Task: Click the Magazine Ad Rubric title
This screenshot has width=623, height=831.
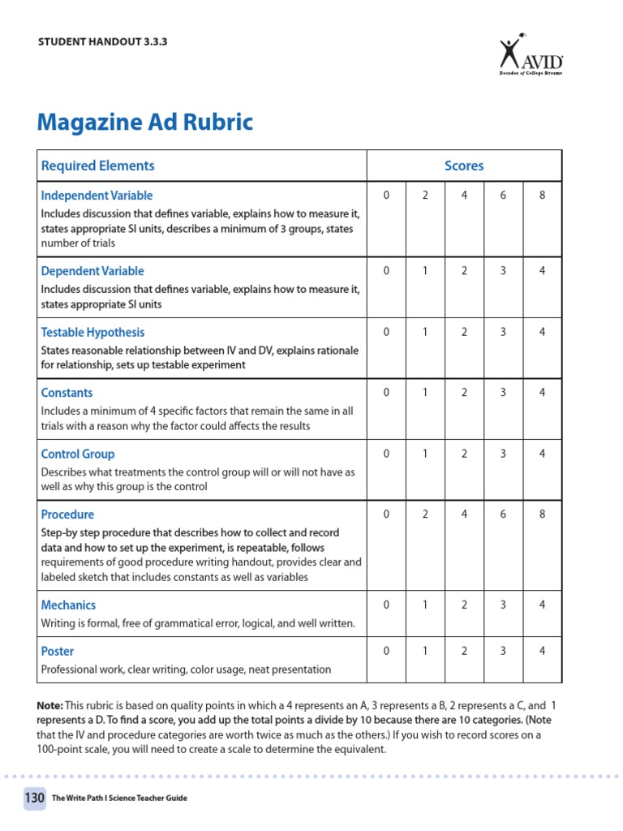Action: tap(145, 123)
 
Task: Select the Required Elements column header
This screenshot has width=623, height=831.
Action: tap(97, 166)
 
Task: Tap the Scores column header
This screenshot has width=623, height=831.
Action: tap(464, 166)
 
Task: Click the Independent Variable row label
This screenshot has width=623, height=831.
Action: tap(97, 196)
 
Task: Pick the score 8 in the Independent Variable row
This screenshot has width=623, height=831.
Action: tap(542, 196)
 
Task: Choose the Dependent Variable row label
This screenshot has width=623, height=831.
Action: tap(92, 271)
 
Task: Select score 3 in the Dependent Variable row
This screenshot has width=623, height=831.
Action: tap(503, 271)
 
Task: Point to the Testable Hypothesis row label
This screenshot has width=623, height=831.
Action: tap(92, 332)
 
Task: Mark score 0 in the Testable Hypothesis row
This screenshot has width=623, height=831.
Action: tap(386, 332)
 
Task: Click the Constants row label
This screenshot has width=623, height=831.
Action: tap(67, 393)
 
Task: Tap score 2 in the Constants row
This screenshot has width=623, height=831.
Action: tap(464, 393)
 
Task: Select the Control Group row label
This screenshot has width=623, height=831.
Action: tap(78, 454)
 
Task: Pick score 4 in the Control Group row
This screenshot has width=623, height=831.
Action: tap(542, 454)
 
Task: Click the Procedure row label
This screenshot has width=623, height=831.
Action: tap(67, 515)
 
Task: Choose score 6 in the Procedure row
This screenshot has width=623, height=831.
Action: tap(503, 515)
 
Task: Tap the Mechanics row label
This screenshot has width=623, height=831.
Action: tap(68, 605)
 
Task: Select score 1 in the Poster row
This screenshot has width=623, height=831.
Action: tap(425, 651)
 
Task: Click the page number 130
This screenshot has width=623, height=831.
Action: tap(34, 798)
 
